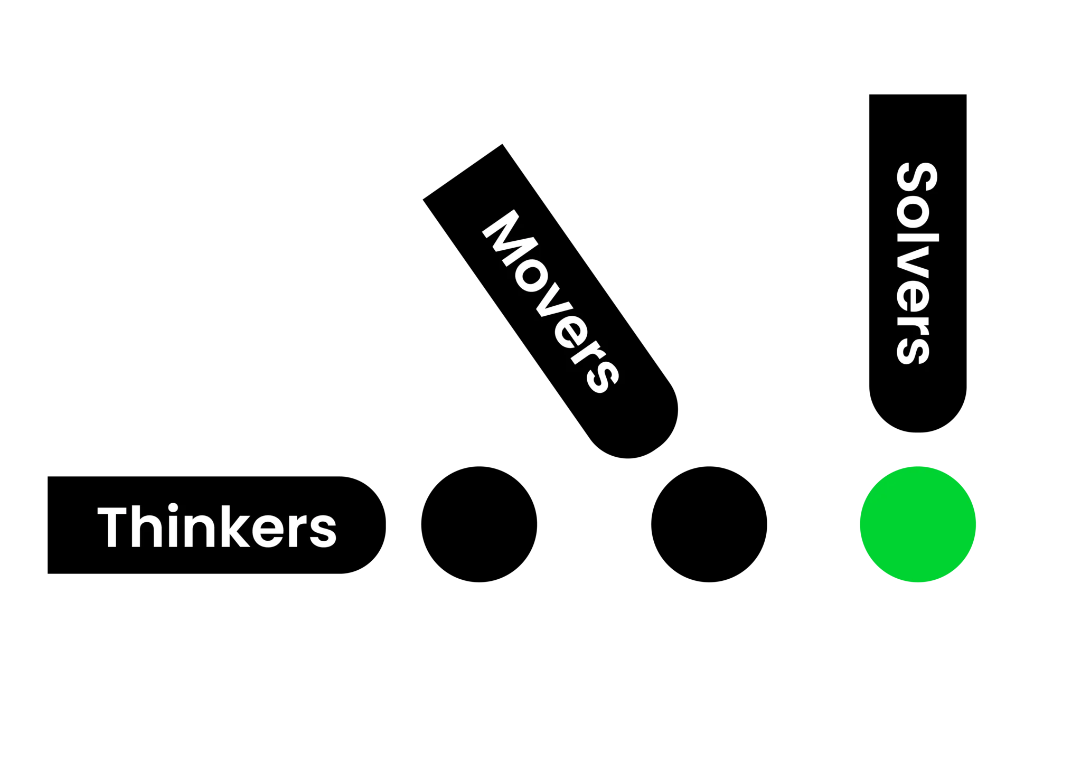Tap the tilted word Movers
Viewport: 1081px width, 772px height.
point(550,302)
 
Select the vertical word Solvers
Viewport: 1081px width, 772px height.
point(917,263)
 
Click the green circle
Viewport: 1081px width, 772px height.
point(918,524)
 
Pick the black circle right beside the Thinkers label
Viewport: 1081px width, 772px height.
point(479,524)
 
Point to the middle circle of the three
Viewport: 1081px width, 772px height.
point(709,524)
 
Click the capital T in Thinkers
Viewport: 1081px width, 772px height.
point(112,527)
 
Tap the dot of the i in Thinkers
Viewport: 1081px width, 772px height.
point(173,507)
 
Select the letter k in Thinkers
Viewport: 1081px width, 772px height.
point(235,526)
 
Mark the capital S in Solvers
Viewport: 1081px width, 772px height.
point(917,176)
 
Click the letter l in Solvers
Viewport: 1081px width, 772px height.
point(917,237)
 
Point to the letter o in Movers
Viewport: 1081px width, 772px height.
point(531,278)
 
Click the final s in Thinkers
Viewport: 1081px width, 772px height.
point(323,530)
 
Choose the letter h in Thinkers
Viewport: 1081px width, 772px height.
point(146,526)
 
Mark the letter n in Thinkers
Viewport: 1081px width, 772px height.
point(199,530)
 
